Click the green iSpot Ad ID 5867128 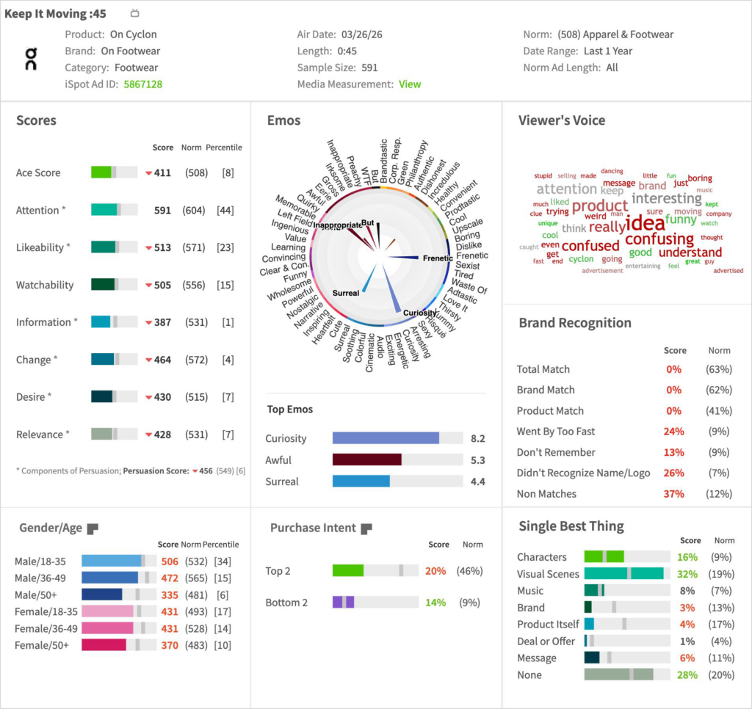point(142,84)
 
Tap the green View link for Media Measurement point(410,84)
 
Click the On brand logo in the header point(31,59)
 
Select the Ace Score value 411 point(162,173)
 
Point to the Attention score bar point(114,210)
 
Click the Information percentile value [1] point(228,322)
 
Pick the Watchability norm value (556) point(195,285)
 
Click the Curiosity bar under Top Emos point(386,438)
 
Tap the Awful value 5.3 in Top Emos point(477,460)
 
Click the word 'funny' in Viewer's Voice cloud point(681,219)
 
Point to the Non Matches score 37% point(673,494)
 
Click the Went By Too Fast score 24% point(673,432)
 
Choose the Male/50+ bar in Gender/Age point(102,595)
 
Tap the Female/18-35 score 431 point(170,611)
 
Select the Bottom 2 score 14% point(435,603)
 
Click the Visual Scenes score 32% point(687,574)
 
